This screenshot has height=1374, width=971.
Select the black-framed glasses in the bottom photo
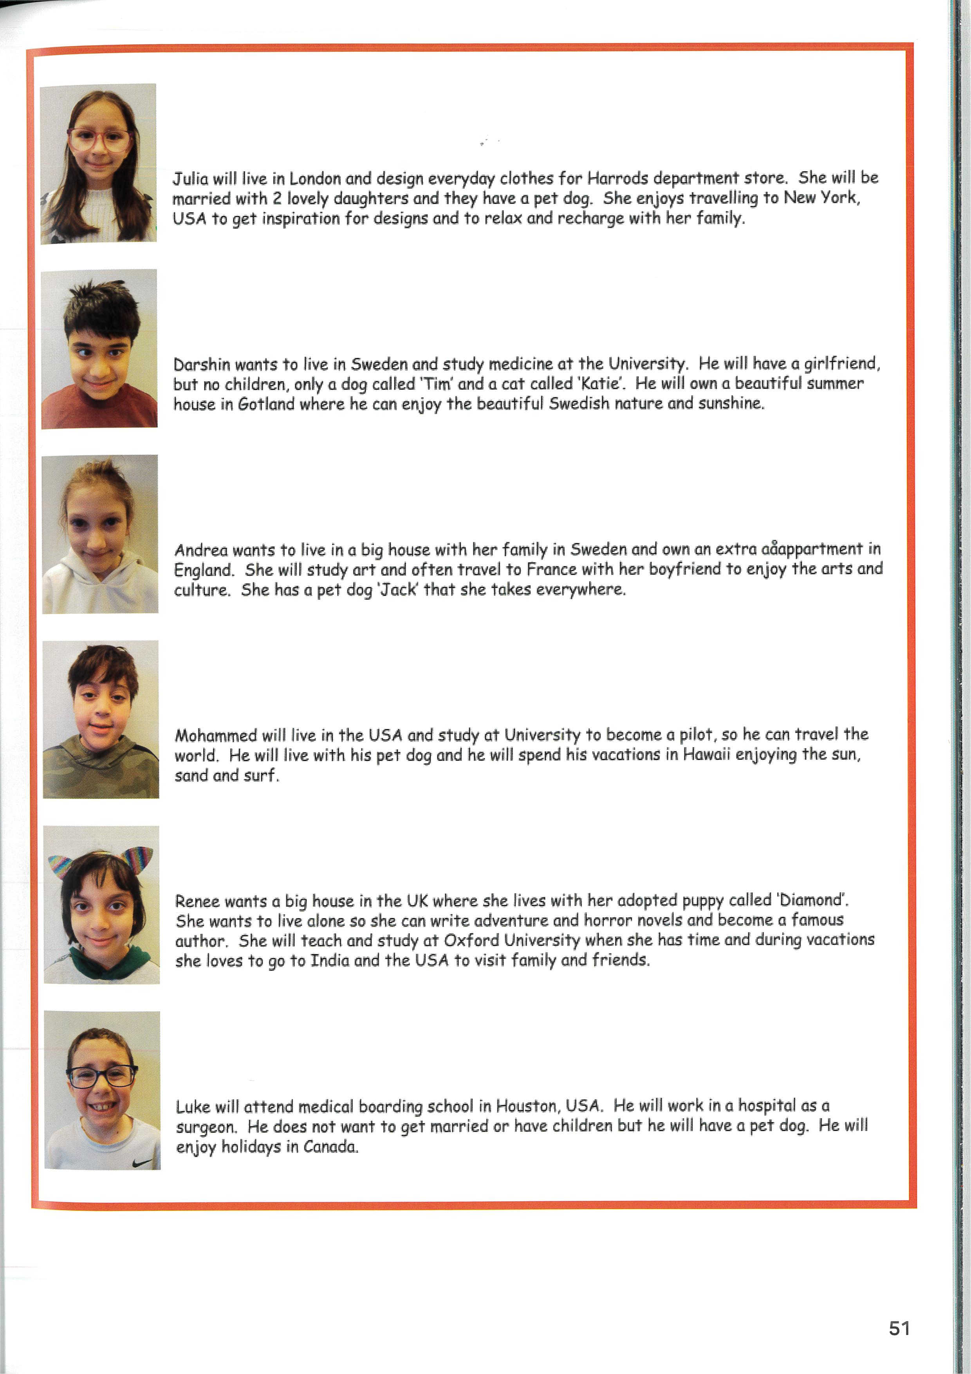(x=102, y=1076)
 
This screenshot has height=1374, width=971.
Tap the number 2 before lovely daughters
(x=277, y=199)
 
